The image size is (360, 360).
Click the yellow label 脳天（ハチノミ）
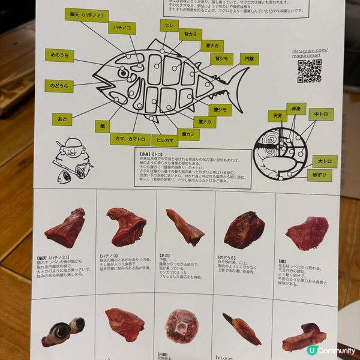tap(86, 15)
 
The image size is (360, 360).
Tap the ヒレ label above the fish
tap(169, 25)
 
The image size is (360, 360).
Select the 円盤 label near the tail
tap(249, 59)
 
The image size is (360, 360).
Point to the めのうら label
tap(59, 56)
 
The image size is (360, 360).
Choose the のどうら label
tap(59, 86)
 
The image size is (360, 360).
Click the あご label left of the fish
tap(62, 119)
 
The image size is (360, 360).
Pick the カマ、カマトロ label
tap(129, 139)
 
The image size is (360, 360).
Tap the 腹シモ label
tap(220, 110)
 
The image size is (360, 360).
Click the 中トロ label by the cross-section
tap(321, 114)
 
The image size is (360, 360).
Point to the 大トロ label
tap(325, 161)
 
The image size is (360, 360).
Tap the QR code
tap(309, 71)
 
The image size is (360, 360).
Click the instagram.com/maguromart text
tap(310, 53)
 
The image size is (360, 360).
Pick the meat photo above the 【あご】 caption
tap(185, 227)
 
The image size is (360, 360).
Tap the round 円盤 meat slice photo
tap(181, 326)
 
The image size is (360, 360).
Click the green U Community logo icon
tap(311, 350)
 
